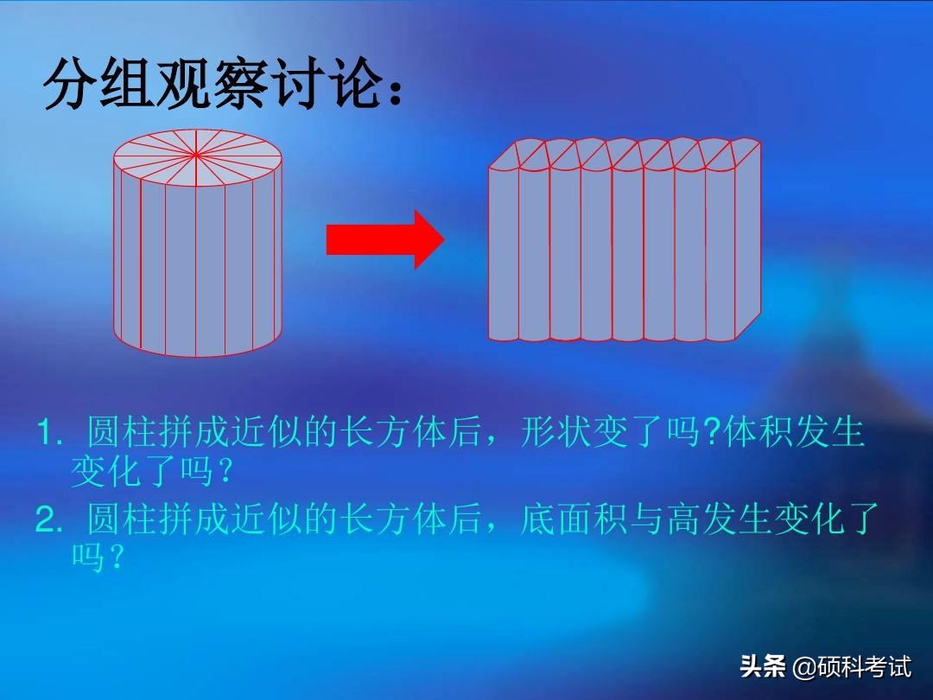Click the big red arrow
pos(385,239)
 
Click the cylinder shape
pos(198,243)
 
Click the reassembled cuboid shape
pos(625,239)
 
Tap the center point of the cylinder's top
pos(196,155)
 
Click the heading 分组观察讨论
pos(213,85)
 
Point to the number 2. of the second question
pos(49,519)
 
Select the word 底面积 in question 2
pos(573,519)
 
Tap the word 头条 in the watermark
pos(762,665)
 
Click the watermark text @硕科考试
pos(852,666)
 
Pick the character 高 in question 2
pos(683,519)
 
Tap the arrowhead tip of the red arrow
pos(445,239)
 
